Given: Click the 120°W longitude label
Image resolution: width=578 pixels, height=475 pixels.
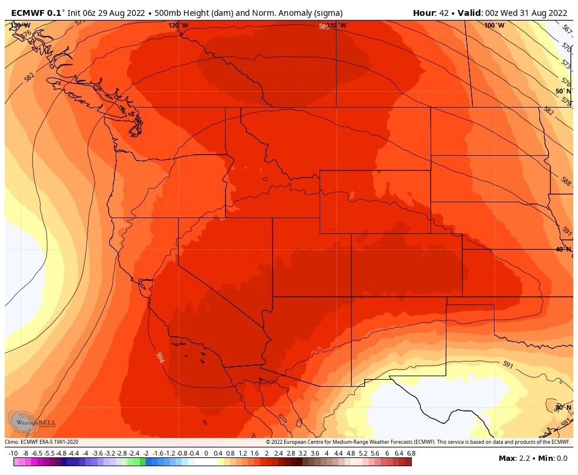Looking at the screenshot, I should click(x=179, y=26).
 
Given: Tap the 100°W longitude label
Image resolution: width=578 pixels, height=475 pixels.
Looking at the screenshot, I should click(x=494, y=26).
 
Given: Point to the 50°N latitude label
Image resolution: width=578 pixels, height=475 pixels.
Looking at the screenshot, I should click(x=563, y=91).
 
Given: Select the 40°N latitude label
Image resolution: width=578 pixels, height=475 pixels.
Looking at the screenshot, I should click(x=563, y=249).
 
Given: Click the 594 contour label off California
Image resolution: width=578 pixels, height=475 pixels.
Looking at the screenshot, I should click(x=159, y=357).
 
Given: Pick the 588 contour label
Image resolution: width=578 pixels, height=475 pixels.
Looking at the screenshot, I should click(x=565, y=182).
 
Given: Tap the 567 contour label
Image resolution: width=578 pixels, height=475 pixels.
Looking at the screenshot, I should click(x=566, y=29).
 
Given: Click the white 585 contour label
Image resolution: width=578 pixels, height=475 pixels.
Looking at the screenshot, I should click(x=324, y=26).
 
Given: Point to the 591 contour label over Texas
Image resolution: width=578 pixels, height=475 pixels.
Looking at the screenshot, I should click(x=508, y=364).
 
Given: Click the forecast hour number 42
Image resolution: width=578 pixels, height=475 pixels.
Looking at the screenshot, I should click(x=443, y=13).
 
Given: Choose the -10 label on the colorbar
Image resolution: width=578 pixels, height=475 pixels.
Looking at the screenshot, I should click(x=13, y=453).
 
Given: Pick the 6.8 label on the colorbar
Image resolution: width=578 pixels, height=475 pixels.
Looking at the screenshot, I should click(x=411, y=453).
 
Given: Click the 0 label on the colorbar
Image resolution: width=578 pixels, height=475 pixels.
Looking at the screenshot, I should click(x=206, y=453).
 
